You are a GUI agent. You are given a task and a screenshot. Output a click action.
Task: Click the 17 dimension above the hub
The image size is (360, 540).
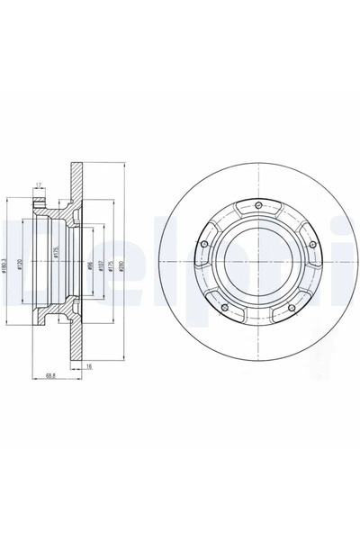37,186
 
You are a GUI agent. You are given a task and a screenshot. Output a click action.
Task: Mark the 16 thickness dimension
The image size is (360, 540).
89,366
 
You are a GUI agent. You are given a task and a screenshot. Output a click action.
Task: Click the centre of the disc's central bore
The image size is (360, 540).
257,265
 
